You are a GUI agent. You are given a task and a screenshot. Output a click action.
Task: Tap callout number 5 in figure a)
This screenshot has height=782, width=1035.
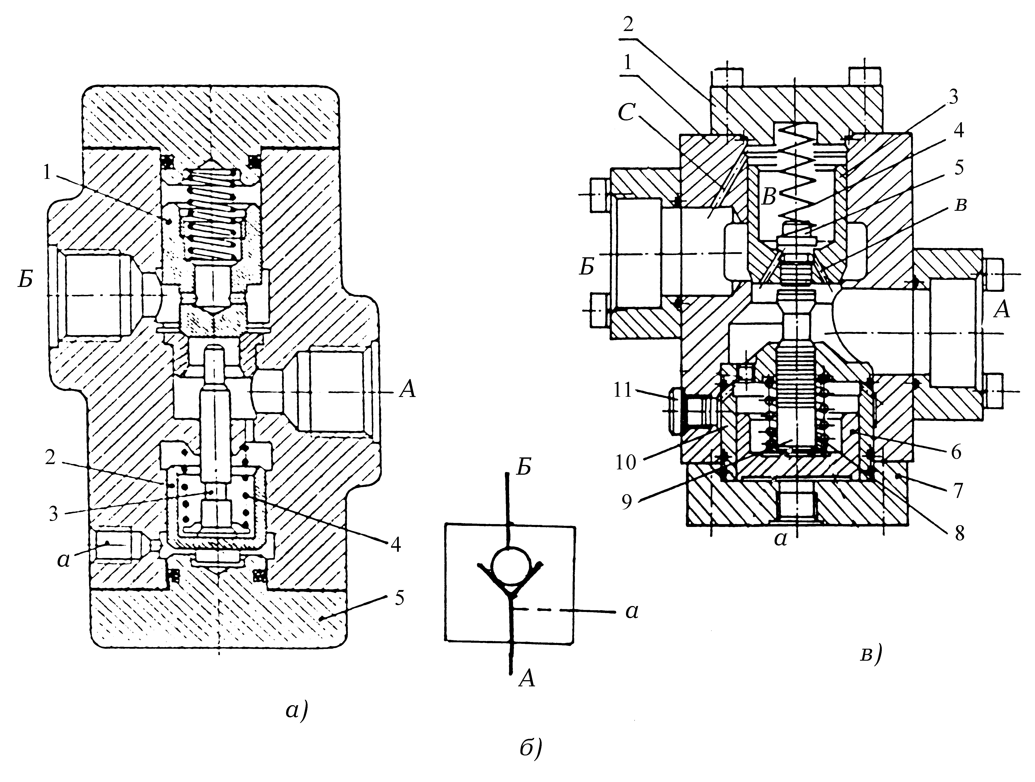click(399, 598)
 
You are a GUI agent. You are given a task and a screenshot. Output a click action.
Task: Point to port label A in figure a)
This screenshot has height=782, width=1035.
click(407, 389)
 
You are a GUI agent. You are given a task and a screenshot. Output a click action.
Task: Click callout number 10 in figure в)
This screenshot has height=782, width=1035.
click(626, 462)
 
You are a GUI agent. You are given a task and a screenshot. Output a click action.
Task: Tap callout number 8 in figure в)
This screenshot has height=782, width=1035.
click(959, 533)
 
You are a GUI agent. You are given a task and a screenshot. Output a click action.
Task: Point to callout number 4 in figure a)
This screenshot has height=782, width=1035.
click(396, 544)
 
